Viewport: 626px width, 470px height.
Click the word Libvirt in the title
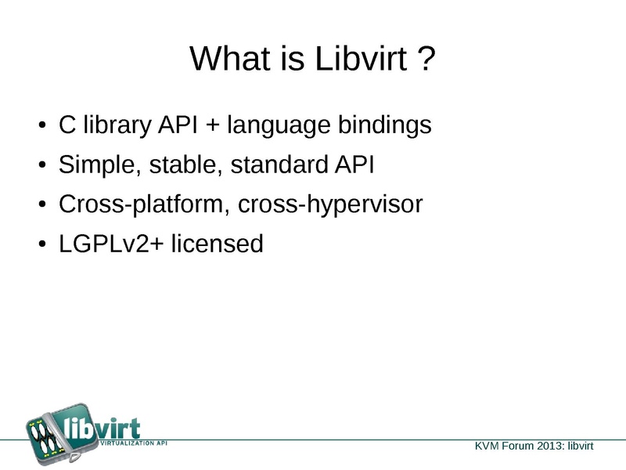(x=362, y=58)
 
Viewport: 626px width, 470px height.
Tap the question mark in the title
(x=427, y=58)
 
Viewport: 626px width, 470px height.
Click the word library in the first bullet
(x=117, y=125)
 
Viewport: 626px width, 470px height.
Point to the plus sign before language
(x=213, y=125)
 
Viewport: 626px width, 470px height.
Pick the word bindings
(x=385, y=125)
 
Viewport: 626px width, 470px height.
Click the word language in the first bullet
(x=279, y=126)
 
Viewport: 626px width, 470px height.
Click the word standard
(x=279, y=164)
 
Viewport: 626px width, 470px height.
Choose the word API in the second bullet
(x=354, y=164)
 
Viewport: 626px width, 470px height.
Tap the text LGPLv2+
(x=111, y=244)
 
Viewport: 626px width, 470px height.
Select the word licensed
(x=218, y=243)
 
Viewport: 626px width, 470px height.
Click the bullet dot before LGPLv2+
(x=43, y=244)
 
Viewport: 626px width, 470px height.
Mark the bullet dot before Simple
(x=43, y=164)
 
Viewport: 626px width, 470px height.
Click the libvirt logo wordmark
(x=103, y=428)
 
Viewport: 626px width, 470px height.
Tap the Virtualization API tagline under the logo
(x=133, y=443)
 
